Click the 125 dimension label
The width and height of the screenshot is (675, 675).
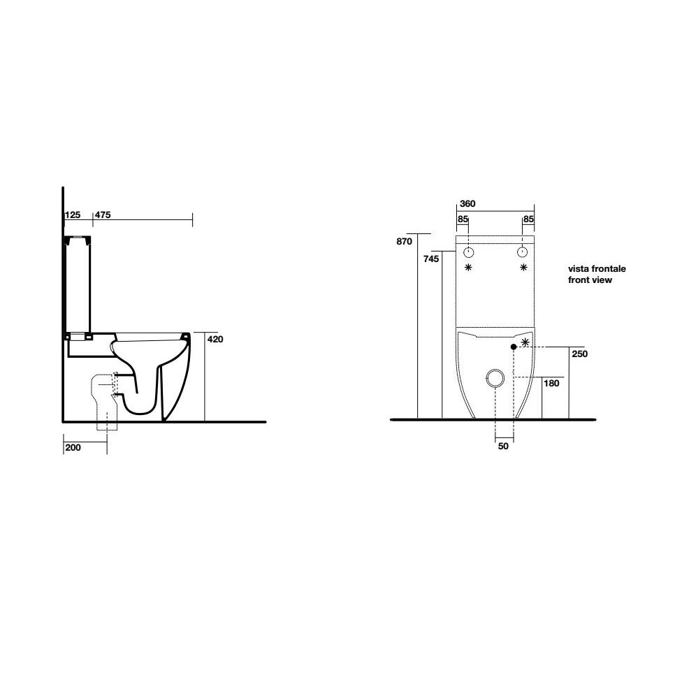pyautogui.click(x=73, y=215)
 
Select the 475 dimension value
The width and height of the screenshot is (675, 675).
pyautogui.click(x=103, y=215)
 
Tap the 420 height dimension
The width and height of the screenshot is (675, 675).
pyautogui.click(x=215, y=339)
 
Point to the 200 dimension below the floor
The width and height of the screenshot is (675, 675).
pyautogui.click(x=73, y=448)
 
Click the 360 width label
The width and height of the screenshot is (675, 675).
pyautogui.click(x=467, y=203)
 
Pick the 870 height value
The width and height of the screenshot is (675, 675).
pyautogui.click(x=404, y=242)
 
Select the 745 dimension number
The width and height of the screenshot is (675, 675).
pyautogui.click(x=431, y=259)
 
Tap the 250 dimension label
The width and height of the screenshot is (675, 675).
pyautogui.click(x=580, y=354)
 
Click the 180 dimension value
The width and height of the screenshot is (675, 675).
pyautogui.click(x=551, y=383)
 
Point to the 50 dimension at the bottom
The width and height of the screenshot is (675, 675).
pyautogui.click(x=503, y=447)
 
